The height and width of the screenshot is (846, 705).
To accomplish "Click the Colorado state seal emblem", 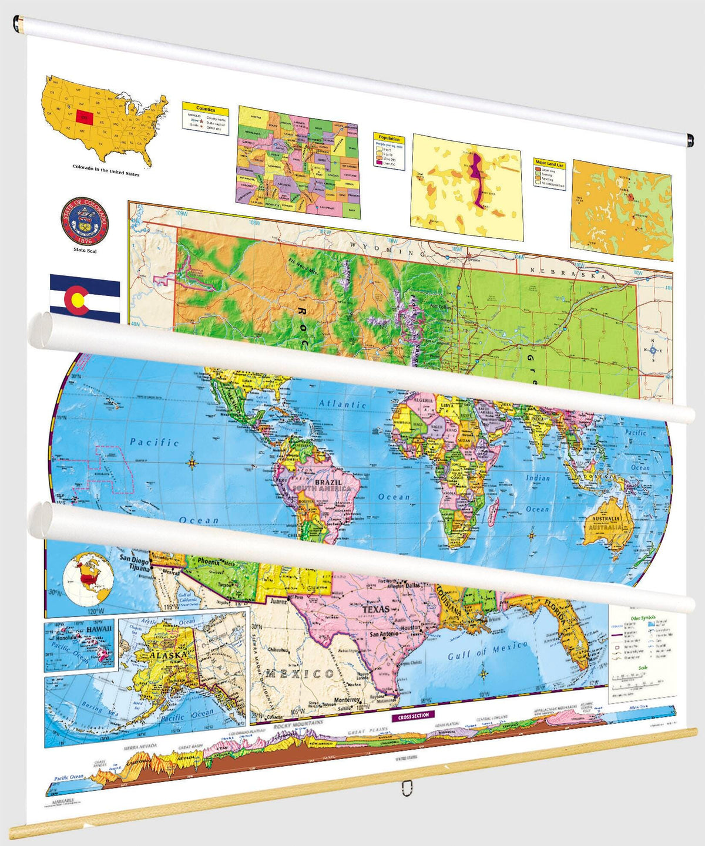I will pyautogui.click(x=85, y=221).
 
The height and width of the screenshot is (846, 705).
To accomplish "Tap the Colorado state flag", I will pyautogui.click(x=85, y=299).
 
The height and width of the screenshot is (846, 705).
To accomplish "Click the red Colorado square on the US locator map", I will pyautogui.click(x=85, y=117).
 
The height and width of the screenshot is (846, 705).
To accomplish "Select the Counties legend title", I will pyautogui.click(x=206, y=109).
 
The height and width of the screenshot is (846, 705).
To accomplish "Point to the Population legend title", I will pyautogui.click(x=389, y=139).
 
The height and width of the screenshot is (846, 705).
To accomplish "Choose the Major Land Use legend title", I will pyautogui.click(x=549, y=164).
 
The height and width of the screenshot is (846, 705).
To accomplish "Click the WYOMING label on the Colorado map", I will pyautogui.click(x=388, y=250).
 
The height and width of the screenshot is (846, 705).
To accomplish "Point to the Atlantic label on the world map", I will pyautogui.click(x=343, y=404).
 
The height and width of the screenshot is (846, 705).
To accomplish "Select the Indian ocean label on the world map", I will pyautogui.click(x=538, y=478).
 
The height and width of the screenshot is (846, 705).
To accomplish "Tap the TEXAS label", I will pyautogui.click(x=376, y=609).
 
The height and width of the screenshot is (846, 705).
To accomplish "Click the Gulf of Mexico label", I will pyautogui.click(x=488, y=650).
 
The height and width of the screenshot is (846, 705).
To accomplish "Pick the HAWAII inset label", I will pyautogui.click(x=98, y=629).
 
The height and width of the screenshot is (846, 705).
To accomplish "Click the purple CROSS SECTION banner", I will pyautogui.click(x=414, y=716).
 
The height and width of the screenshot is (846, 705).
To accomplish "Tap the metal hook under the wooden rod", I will pyautogui.click(x=405, y=787).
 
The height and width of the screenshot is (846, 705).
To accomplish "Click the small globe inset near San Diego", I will pyautogui.click(x=88, y=575).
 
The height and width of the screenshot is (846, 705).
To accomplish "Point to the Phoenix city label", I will pyautogui.click(x=208, y=562).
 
